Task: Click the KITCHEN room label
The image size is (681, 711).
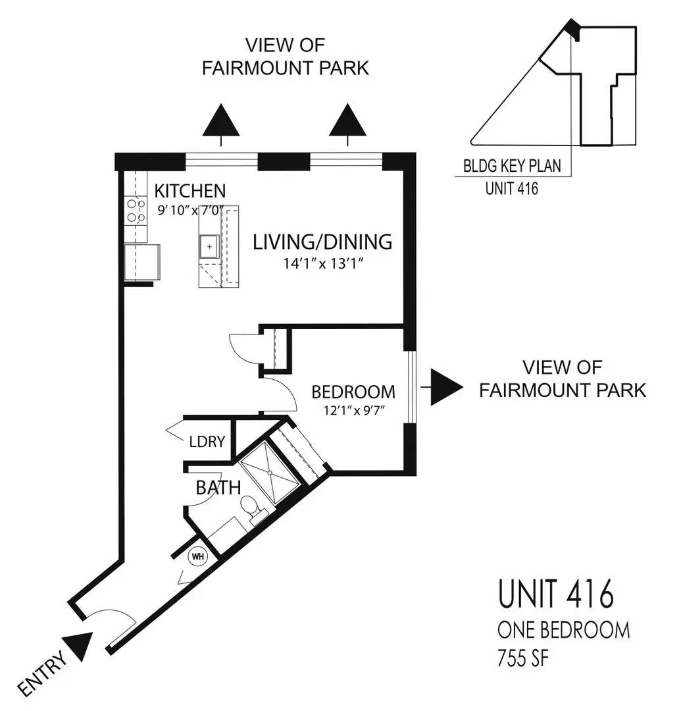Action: coord(189,191)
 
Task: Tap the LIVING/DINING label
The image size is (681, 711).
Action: coord(322,242)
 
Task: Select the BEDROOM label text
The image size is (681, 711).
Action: coord(353,392)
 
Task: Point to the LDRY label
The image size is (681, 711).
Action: coord(207,442)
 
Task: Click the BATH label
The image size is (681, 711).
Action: coord(218,488)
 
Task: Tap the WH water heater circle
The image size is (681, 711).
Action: coord(197,556)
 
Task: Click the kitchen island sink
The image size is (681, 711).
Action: coord(209,246)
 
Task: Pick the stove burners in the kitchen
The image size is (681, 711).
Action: coord(136,211)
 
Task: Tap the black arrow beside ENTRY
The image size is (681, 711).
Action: coord(81,646)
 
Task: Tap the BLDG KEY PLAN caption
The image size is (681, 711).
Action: coord(513,166)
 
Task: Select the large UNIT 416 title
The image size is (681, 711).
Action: coord(556,594)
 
